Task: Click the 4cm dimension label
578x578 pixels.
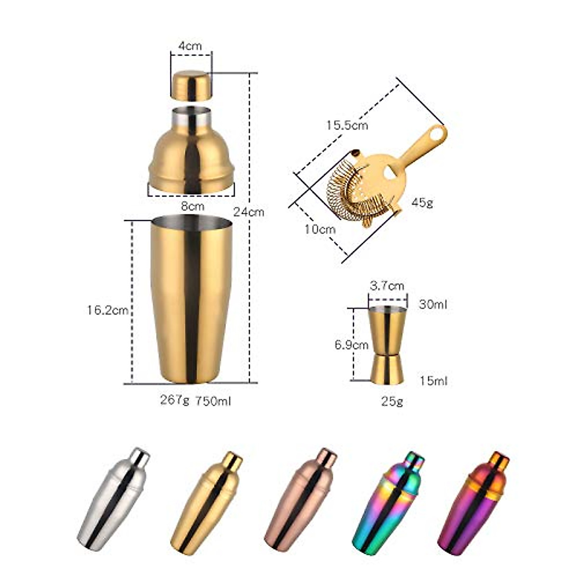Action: (x=190, y=46)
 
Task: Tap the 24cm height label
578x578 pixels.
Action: (x=249, y=211)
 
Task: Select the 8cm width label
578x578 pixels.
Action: (x=193, y=206)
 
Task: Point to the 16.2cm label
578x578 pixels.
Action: (x=107, y=310)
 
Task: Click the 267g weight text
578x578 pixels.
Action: (x=175, y=400)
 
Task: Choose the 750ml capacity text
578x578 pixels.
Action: (x=213, y=401)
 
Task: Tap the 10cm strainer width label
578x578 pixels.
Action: (x=320, y=229)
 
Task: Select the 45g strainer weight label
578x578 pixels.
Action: (x=422, y=202)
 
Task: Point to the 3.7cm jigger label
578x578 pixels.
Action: (x=387, y=286)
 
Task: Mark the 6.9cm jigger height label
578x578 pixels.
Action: (x=352, y=345)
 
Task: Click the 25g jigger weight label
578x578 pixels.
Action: (x=392, y=401)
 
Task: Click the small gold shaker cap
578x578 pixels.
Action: (x=191, y=85)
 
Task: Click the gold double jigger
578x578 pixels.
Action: (x=387, y=345)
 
